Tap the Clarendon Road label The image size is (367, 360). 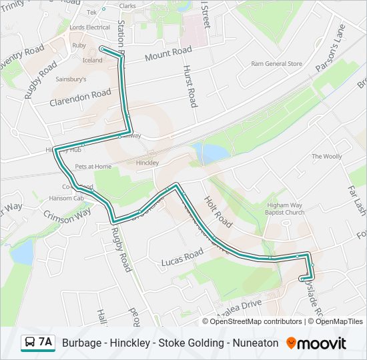[80, 98]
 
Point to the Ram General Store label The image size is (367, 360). [276, 64]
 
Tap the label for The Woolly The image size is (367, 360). [326, 157]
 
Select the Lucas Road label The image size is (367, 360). [182, 258]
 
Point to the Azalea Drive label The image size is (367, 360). [238, 307]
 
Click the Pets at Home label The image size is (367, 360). [93, 166]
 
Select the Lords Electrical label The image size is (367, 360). [89, 27]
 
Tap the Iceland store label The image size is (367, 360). [93, 60]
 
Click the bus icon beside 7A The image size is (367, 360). [31, 343]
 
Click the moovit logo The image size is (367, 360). [317, 343]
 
